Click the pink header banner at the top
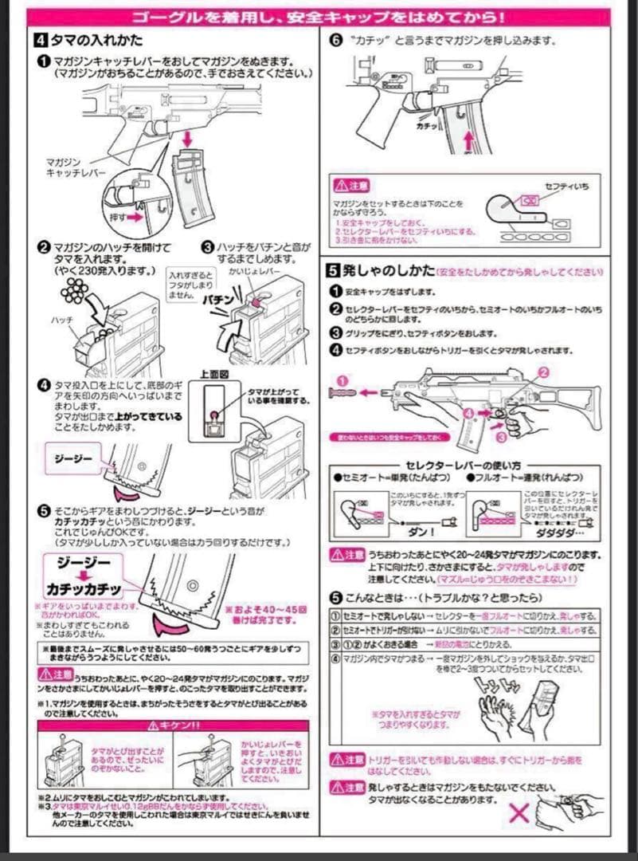pyautogui.click(x=319, y=17)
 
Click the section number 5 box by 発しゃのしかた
pyautogui.click(x=337, y=271)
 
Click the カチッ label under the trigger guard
pyautogui.click(x=427, y=126)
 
